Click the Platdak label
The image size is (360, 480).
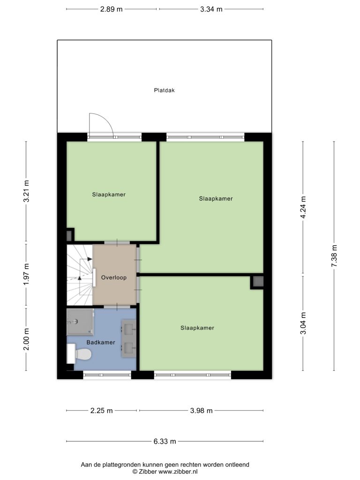point(165,90)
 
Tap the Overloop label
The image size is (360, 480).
point(114,277)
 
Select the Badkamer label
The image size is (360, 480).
point(101,343)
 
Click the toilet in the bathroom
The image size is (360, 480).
point(80,354)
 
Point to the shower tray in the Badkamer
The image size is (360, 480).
point(80,322)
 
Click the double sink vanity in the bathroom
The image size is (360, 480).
point(129,338)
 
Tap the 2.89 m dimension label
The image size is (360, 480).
point(112,9)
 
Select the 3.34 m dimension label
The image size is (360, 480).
point(211,9)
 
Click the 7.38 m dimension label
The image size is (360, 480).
point(334,256)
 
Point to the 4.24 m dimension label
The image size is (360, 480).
point(303,207)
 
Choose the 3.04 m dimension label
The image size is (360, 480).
point(303,323)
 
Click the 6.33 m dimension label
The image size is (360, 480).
point(165,442)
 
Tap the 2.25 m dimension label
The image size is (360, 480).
point(102,411)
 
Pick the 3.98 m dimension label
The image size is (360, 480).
point(202,411)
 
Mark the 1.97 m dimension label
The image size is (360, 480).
point(26,274)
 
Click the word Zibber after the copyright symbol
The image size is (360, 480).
point(148,472)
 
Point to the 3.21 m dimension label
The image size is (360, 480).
point(26,191)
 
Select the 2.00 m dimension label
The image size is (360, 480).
point(26,339)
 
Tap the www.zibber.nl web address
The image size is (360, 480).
point(178,472)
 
